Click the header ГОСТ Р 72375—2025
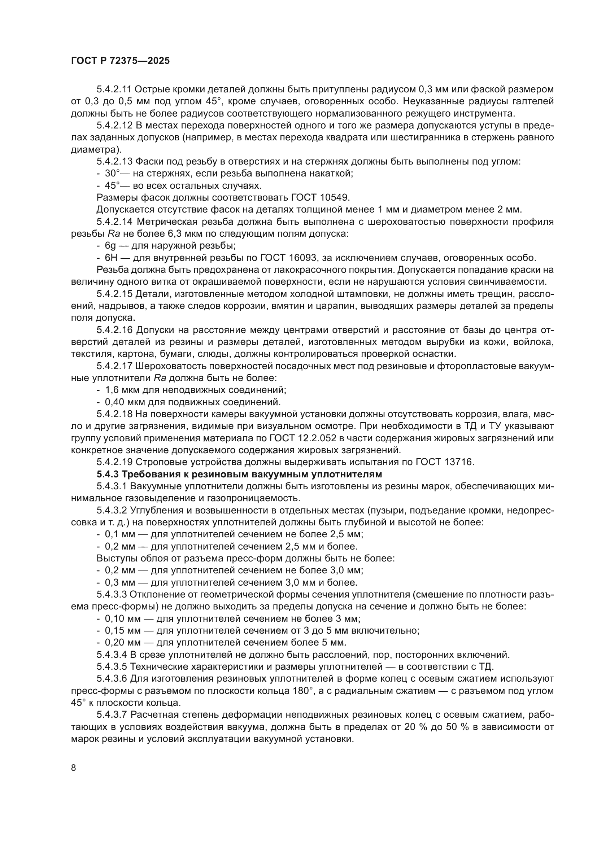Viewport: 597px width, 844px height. click(x=120, y=61)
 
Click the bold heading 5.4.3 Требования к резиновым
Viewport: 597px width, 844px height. click(x=239, y=474)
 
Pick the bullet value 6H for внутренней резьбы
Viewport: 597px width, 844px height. click(x=111, y=258)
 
